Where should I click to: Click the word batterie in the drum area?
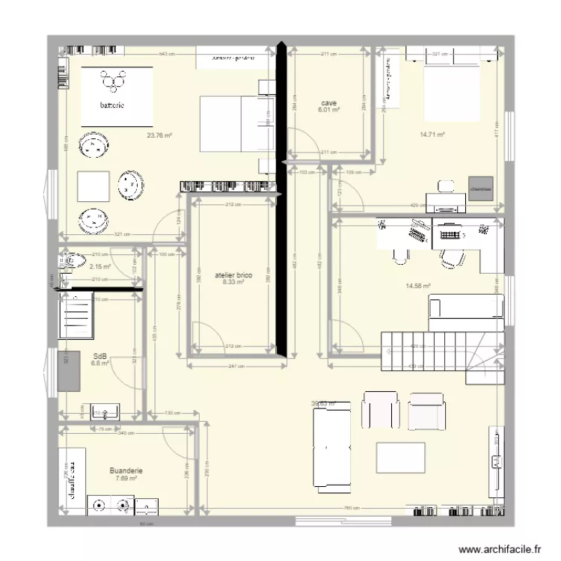point(115,105)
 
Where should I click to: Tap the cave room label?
point(329,102)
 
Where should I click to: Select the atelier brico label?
point(230,275)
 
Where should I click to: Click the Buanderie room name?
point(126,470)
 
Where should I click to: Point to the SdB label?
point(99,356)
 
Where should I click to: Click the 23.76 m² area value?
point(159,135)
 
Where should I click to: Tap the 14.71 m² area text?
point(432,135)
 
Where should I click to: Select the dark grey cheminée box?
point(481,189)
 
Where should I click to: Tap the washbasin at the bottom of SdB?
point(105,411)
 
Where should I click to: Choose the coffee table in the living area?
point(400,457)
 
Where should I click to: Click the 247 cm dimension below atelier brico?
point(236,365)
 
